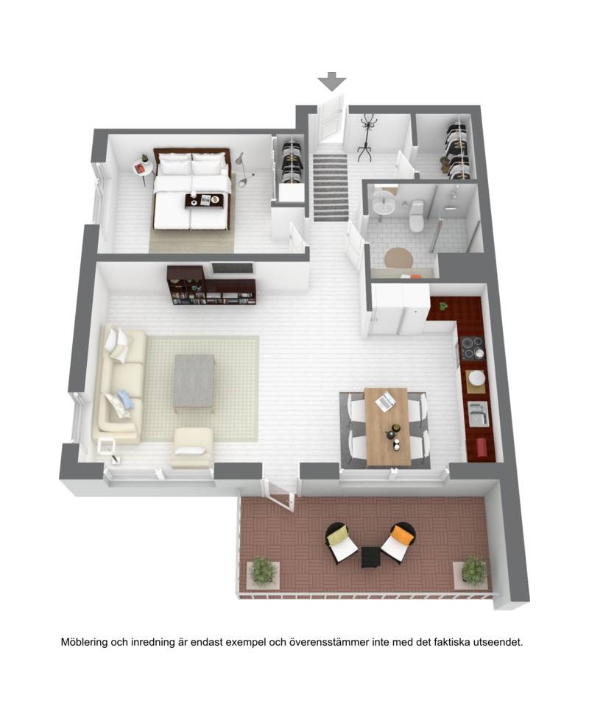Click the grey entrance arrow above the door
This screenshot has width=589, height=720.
pyautogui.click(x=331, y=81)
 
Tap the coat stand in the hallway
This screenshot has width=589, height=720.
pyautogui.click(x=365, y=138)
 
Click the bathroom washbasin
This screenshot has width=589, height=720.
pyautogui.click(x=383, y=202)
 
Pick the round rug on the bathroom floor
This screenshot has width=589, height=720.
pyautogui.click(x=398, y=259)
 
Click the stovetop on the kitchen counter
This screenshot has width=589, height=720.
pyautogui.click(x=472, y=346)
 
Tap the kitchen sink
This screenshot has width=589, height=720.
pyautogui.click(x=479, y=413)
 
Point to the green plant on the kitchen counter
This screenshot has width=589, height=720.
pyautogui.click(x=443, y=306)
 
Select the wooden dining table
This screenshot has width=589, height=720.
pyautogui.click(x=387, y=426)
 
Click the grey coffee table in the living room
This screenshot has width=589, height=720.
pyautogui.click(x=194, y=382)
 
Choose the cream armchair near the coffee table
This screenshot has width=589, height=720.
pyautogui.click(x=192, y=448)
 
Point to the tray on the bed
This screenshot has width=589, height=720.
pyautogui.click(x=204, y=201)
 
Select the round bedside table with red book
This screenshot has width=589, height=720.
pyautogui.click(x=142, y=168)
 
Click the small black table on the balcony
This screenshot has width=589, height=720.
pyautogui.click(x=371, y=557)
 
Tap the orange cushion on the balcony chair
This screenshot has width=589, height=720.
pyautogui.click(x=401, y=535)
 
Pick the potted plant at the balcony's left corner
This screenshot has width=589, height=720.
pyautogui.click(x=263, y=572)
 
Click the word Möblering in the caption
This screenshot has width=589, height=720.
pyautogui.click(x=84, y=642)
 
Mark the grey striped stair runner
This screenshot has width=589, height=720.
pyautogui.click(x=331, y=188)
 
